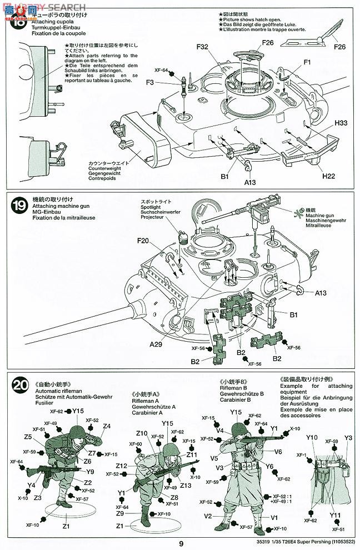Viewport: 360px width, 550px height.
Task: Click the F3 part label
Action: [151, 82]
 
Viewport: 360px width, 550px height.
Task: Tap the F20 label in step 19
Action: [144, 241]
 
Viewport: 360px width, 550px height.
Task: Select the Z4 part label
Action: [107, 427]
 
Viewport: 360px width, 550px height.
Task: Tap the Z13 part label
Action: [186, 485]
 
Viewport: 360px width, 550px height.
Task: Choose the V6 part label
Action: [278, 451]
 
